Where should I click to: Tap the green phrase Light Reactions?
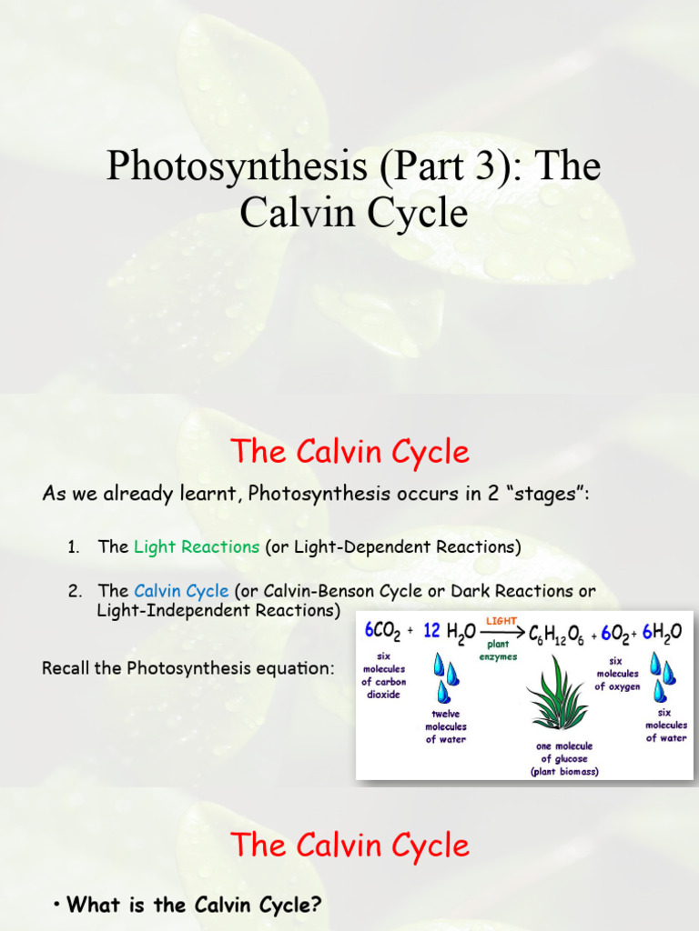tap(197, 546)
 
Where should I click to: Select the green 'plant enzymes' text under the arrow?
tap(499, 651)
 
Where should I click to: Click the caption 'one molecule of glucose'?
tap(564, 752)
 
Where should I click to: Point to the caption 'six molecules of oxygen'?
tap(618, 675)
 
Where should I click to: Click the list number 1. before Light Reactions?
tap(74, 546)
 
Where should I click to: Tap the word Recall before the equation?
tap(66, 668)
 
